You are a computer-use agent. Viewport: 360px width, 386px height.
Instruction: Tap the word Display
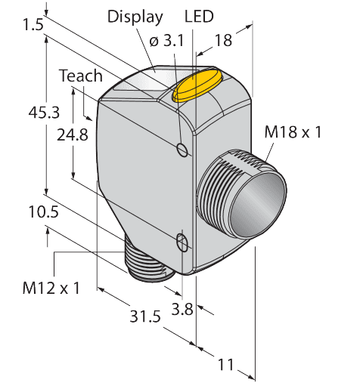[x=135, y=17]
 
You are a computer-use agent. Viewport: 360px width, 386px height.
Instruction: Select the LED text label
[x=199, y=17]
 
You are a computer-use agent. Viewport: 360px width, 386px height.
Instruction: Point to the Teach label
[x=80, y=76]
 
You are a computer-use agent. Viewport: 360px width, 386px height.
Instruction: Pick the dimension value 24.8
[x=73, y=136]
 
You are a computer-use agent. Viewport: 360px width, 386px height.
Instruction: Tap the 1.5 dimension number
[x=33, y=25]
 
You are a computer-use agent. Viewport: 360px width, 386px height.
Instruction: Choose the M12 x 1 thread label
[x=51, y=288]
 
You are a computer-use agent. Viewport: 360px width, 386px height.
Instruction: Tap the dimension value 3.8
[x=182, y=307]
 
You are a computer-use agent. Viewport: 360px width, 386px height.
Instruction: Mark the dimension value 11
[x=225, y=365]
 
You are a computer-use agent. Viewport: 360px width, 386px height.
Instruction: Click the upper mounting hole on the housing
[x=182, y=149]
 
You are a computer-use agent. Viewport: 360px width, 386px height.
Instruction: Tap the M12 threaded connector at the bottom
[x=147, y=264]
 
